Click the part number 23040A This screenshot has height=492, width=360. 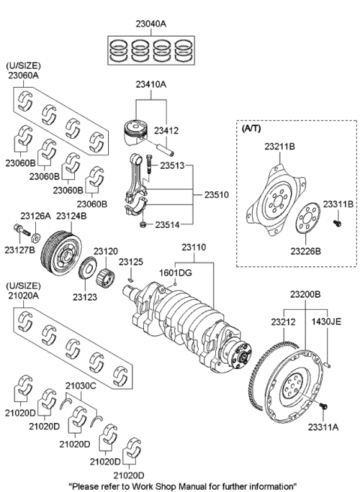[151, 24]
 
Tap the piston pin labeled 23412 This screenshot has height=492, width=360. [166, 149]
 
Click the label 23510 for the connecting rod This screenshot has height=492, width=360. [217, 195]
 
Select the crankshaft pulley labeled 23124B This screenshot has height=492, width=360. [61, 253]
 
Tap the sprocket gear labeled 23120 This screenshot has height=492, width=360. [104, 276]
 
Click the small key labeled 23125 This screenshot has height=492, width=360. [131, 280]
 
